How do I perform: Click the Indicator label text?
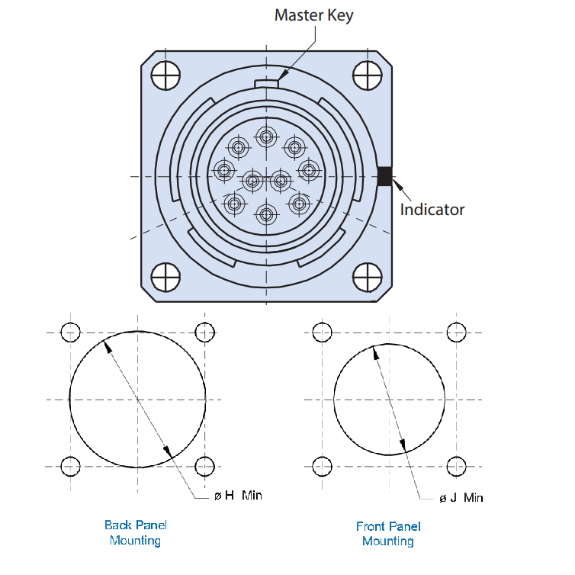[432, 209]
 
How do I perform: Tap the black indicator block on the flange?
[384, 176]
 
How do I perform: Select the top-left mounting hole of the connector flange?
[165, 75]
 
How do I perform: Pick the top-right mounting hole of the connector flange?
[368, 75]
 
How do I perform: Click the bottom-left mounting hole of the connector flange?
[165, 278]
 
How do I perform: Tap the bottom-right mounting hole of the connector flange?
[368, 278]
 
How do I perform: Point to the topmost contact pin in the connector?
[266, 137]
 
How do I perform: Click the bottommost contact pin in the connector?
[266, 214]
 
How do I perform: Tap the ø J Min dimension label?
[461, 498]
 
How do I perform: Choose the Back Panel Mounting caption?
[135, 532]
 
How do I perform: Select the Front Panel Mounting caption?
[388, 533]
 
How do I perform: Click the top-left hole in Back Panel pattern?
[70, 332]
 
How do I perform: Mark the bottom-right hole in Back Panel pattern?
[205, 465]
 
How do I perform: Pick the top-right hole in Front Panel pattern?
[456, 332]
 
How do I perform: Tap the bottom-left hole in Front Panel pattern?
[322, 465]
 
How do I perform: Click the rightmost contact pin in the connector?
[308, 169]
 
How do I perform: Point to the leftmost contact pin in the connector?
[223, 170]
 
